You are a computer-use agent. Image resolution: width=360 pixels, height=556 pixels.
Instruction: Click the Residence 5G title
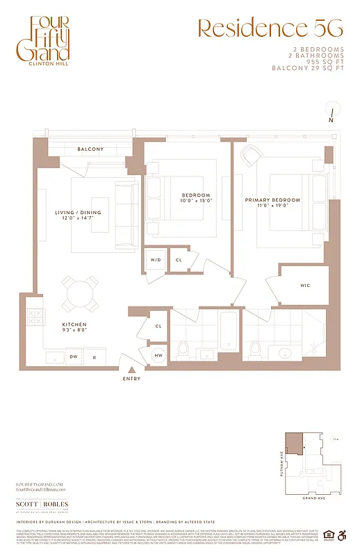[270, 28]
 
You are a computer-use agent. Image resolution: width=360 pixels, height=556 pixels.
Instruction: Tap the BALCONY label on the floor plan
[90, 149]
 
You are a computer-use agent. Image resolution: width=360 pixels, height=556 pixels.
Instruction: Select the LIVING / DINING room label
[78, 212]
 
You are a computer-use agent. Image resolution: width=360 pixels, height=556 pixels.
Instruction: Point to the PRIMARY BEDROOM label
[272, 200]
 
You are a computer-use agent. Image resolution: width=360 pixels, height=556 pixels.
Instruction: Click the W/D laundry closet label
[155, 260]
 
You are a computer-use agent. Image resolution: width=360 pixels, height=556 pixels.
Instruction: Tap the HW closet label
[160, 355]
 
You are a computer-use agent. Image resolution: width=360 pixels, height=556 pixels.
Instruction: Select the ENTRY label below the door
[131, 379]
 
